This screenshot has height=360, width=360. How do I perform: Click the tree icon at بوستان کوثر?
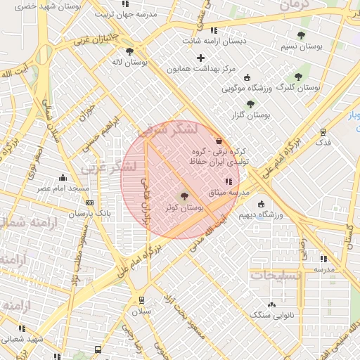pyautogui.click(x=184, y=196)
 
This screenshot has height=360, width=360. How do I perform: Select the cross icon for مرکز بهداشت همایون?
pyautogui.click(x=201, y=58)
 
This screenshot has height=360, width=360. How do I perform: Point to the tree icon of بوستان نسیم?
pyautogui.click(x=301, y=35)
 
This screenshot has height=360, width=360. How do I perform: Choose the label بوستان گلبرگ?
pyautogui.click(x=298, y=89)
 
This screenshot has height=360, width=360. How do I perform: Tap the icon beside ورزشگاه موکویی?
pyautogui.click(x=246, y=77)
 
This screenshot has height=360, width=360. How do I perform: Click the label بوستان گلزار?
pyautogui.click(x=250, y=114)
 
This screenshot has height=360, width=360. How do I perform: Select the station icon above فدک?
pyautogui.click(x=323, y=131)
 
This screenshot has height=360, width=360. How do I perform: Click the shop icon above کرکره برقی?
pyautogui.click(x=219, y=140)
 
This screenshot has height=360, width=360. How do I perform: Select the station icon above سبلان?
pyautogui.click(x=141, y=300)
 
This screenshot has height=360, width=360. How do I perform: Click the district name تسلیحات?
pyautogui.click(x=276, y=275)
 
